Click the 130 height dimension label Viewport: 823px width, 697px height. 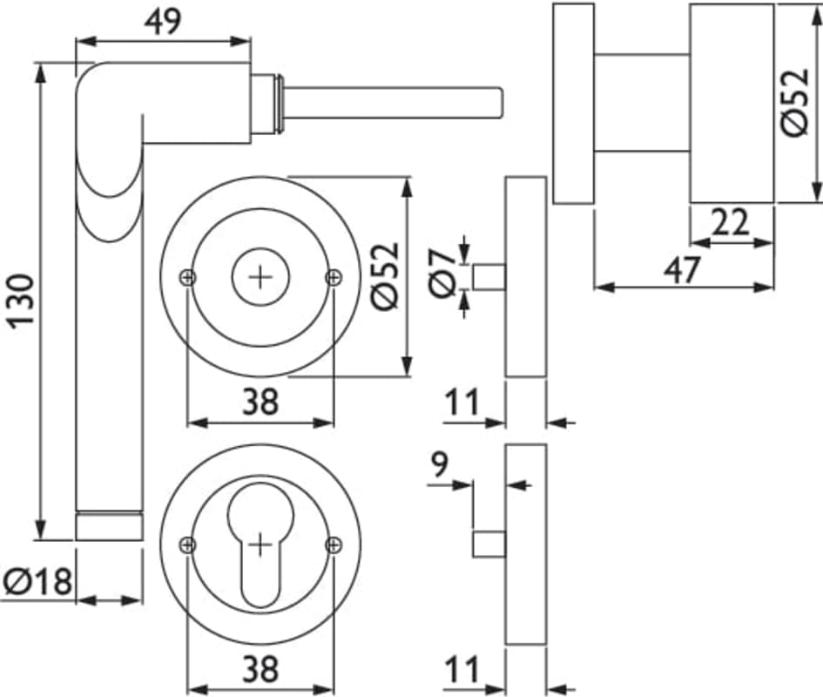pos(21,301)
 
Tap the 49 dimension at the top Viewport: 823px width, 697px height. pos(162,21)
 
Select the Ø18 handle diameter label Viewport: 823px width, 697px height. pos(37,581)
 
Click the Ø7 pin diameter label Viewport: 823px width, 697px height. pos(442,272)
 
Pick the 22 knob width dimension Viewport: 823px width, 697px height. pos(730,223)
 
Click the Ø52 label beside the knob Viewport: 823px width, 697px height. pos(795,103)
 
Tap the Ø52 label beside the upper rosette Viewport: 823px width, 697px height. pos(384,275)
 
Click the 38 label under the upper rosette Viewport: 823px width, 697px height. pos(260,402)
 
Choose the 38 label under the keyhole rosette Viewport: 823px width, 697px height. pos(260,669)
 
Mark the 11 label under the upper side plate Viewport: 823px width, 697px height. pos(462,403)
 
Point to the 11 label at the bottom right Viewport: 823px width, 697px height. pos(462,671)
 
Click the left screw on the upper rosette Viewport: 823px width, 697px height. pos(188,277)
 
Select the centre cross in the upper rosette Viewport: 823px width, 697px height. pos(260,277)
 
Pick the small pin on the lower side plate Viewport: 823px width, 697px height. pos(489,545)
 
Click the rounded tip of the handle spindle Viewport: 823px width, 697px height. pos(498,101)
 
